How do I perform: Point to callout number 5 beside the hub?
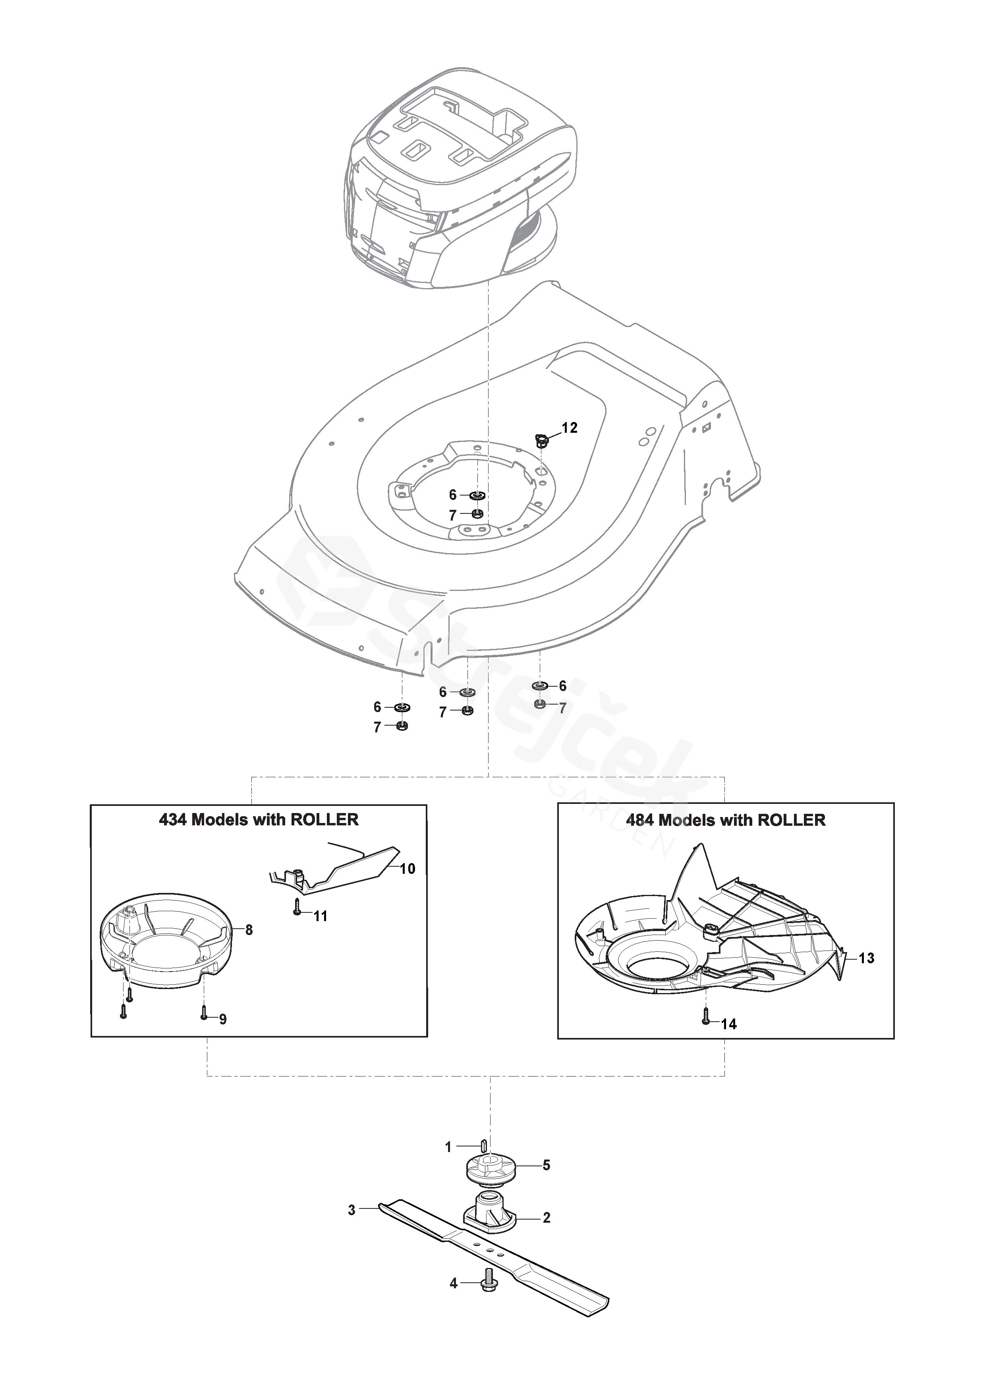pyautogui.click(x=546, y=1165)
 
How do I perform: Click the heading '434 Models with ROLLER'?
pyautogui.click(x=259, y=820)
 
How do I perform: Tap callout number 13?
pyautogui.click(x=867, y=958)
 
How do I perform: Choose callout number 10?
pyautogui.click(x=408, y=869)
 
